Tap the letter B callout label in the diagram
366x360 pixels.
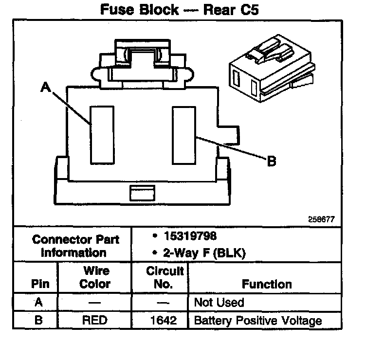coord(272,161)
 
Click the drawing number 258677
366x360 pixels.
coord(321,219)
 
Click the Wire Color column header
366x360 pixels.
coord(95,277)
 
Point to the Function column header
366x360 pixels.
coord(267,284)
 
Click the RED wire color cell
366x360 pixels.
coord(95,321)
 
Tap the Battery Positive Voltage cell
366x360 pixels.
coord(258,321)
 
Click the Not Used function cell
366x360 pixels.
coord(219,302)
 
